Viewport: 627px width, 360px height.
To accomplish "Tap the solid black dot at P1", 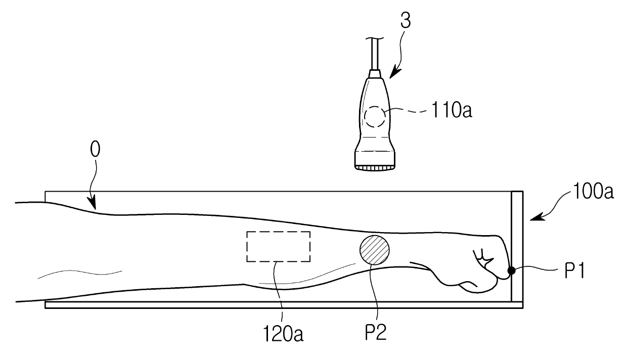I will [x=511, y=271].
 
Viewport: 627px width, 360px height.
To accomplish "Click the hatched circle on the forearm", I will [x=375, y=250].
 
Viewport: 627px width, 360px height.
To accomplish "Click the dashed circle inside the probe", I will [x=375, y=117].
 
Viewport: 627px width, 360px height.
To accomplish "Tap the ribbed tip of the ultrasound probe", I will [x=375, y=166].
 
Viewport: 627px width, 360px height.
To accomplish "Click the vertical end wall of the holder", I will [x=517, y=248].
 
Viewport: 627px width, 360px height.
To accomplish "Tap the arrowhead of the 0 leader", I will [x=94, y=206].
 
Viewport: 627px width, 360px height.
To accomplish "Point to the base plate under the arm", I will [x=283, y=305].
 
